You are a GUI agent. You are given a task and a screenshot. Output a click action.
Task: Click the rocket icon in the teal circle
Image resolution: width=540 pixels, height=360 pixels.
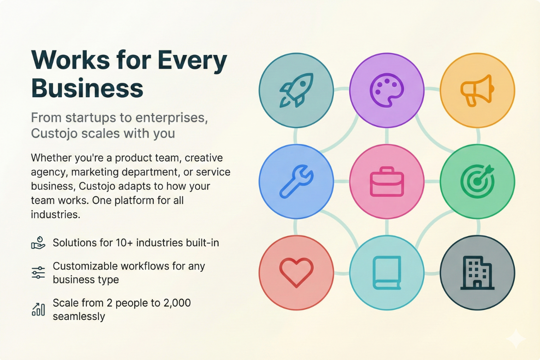[x=296, y=90]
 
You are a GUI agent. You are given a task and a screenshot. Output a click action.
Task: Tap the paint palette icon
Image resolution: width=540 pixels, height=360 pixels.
[x=387, y=90]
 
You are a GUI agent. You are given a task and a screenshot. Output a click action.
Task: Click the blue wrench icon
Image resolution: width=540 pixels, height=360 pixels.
[x=296, y=181]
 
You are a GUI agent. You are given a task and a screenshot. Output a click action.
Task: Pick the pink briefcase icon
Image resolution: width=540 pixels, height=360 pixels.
[x=387, y=181]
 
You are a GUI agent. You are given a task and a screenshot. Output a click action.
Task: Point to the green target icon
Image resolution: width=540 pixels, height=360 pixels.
[x=477, y=181]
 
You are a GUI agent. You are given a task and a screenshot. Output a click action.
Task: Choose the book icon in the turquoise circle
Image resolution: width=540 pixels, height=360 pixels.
[x=387, y=273]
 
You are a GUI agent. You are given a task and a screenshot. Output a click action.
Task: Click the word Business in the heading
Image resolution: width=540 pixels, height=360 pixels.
[x=87, y=88]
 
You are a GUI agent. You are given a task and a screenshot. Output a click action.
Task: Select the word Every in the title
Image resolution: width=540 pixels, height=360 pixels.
[x=192, y=60]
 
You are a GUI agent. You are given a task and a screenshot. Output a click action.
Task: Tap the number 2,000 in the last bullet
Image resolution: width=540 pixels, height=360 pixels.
[x=177, y=303]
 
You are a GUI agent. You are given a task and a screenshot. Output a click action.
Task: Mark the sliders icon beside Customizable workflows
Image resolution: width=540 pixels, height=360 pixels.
[x=38, y=273]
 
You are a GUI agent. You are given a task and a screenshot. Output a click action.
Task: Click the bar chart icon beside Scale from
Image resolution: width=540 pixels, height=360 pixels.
[x=38, y=309]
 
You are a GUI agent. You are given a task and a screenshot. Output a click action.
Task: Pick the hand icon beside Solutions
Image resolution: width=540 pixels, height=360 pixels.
[x=38, y=243]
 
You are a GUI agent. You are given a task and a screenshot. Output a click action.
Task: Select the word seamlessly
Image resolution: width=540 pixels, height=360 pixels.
[x=79, y=316]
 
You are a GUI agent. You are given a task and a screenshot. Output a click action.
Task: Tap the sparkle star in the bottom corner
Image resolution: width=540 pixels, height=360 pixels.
[x=516, y=339]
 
